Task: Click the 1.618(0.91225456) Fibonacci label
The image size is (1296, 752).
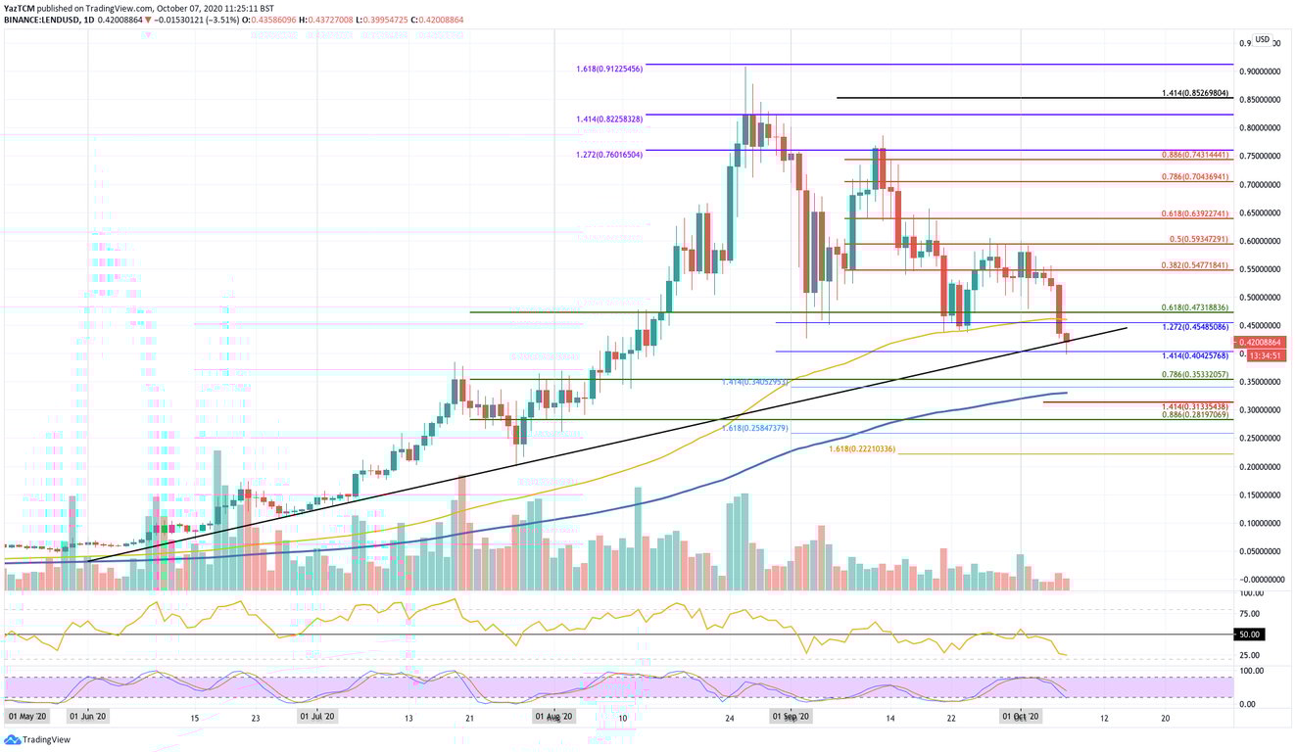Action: click(608, 70)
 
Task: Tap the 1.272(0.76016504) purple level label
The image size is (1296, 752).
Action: click(608, 155)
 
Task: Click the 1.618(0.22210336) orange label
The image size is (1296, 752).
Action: click(861, 448)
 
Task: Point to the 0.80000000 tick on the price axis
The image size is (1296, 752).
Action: click(1259, 128)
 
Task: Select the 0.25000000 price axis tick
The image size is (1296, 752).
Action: click(1259, 439)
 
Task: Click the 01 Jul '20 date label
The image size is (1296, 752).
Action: click(316, 718)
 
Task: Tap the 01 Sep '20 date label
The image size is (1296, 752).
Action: click(790, 718)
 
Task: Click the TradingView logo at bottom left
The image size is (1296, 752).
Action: click(33, 740)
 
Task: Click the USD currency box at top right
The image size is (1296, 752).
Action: click(1262, 40)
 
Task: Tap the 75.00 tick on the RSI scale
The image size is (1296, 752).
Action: click(1249, 613)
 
